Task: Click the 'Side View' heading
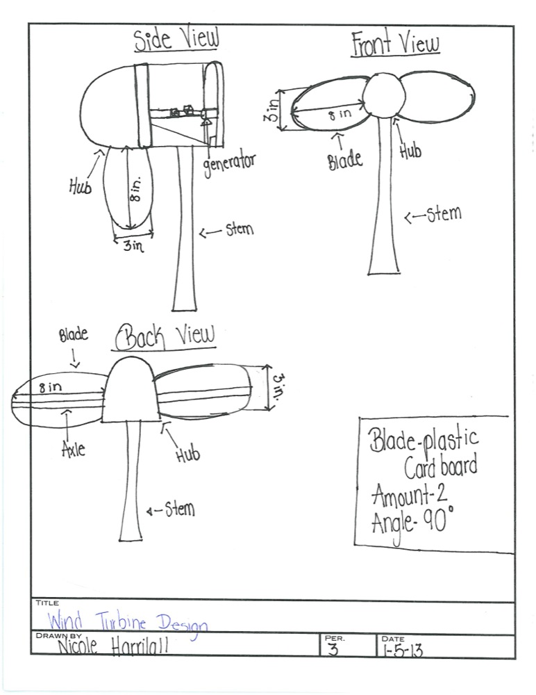click(x=176, y=40)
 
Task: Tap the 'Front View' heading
click(x=394, y=44)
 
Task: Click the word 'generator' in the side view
click(x=229, y=165)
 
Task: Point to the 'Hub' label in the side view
click(x=81, y=186)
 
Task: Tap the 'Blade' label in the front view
click(x=345, y=160)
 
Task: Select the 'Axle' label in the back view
click(x=73, y=448)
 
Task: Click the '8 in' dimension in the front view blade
click(x=340, y=113)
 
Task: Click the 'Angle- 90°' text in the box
click(x=412, y=521)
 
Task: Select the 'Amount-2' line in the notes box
click(x=409, y=495)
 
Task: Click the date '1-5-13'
click(x=402, y=651)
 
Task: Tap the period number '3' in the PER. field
click(x=334, y=649)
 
